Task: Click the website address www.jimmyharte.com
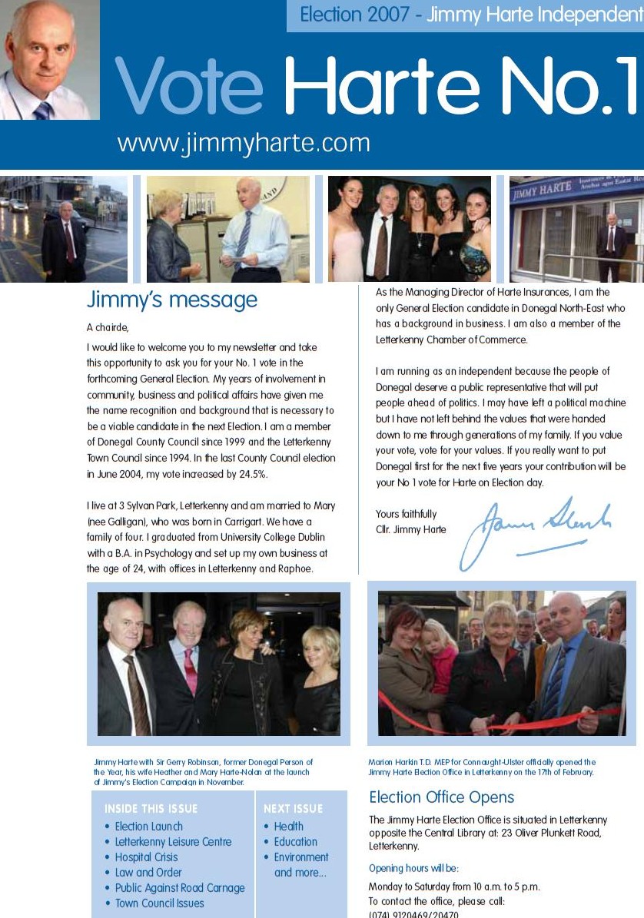(x=244, y=144)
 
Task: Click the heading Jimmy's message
(x=172, y=300)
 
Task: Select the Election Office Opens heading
(x=441, y=797)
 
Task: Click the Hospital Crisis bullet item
(x=146, y=857)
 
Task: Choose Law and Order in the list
(x=148, y=873)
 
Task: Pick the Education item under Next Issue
(x=295, y=842)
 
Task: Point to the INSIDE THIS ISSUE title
(x=151, y=809)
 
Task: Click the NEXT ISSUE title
(x=293, y=809)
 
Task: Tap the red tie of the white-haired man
(x=190, y=672)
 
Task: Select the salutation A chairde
(x=108, y=328)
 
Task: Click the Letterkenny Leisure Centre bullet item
(x=173, y=842)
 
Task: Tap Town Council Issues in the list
(x=159, y=903)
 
